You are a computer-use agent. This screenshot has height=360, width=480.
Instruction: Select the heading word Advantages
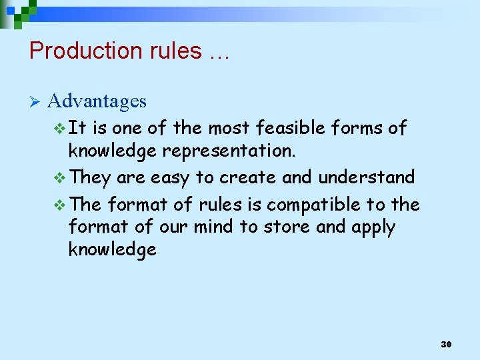coord(97,101)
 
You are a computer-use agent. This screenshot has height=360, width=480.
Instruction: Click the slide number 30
coord(446,345)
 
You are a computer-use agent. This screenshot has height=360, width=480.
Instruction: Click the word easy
coord(170,178)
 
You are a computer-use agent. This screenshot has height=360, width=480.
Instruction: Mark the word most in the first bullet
coord(227,127)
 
